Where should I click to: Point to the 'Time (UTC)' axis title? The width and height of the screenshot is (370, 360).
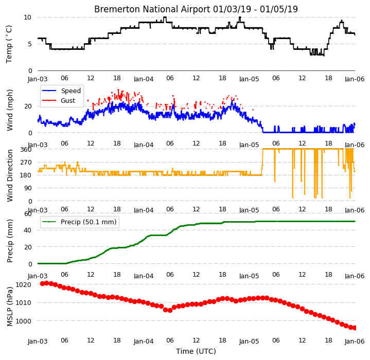[196, 351]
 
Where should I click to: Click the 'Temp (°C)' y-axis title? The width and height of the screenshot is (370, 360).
[9, 44]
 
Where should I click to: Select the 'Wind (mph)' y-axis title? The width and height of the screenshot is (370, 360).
[10, 110]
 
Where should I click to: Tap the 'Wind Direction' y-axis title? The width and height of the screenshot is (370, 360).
[10, 175]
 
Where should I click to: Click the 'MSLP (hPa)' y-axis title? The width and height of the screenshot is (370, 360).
[10, 307]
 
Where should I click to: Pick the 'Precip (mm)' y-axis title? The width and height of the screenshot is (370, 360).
[10, 241]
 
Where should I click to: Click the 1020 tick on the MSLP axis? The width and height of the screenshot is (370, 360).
[23, 284]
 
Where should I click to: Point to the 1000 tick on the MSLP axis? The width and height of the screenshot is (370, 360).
[23, 321]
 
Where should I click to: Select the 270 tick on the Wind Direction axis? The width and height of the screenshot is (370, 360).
[26, 162]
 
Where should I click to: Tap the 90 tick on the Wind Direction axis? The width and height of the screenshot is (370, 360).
[28, 188]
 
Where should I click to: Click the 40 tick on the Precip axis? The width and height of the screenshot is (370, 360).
[28, 230]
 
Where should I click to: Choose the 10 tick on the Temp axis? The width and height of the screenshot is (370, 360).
[28, 17]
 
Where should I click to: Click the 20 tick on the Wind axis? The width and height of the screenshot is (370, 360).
[28, 106]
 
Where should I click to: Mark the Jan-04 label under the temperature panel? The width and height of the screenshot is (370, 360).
[144, 79]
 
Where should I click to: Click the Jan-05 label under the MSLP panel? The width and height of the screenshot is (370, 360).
[249, 341]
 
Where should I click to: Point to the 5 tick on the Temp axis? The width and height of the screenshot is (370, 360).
[29, 44]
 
